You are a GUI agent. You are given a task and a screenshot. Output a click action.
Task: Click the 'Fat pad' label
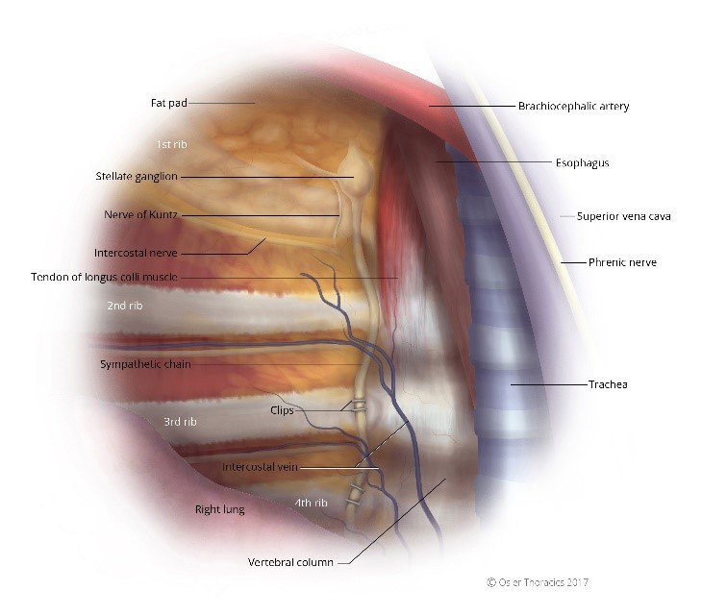click(168, 102)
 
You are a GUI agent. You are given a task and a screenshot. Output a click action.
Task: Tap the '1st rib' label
click(171, 143)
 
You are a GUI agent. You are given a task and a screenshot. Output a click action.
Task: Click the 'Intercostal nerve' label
click(136, 253)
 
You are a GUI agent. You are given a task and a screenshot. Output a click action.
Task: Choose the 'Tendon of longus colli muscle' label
click(104, 277)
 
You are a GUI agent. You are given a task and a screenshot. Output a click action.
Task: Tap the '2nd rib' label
click(125, 307)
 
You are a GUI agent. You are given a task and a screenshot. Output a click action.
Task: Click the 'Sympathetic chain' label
click(145, 364)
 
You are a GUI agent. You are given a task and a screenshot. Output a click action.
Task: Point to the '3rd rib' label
click(180, 422)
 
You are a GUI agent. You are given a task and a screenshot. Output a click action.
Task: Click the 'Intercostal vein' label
click(262, 467)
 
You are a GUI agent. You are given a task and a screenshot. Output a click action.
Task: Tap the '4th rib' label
click(311, 503)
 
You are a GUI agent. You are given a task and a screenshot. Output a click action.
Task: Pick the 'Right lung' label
click(219, 509)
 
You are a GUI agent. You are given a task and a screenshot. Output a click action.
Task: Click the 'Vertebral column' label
click(290, 562)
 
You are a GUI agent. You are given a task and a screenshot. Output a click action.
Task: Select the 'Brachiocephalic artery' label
click(573, 106)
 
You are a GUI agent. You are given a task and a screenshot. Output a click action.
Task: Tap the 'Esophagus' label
click(582, 163)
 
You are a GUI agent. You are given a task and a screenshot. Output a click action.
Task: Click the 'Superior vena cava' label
click(623, 216)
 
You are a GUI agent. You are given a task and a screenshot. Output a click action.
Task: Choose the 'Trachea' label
click(607, 384)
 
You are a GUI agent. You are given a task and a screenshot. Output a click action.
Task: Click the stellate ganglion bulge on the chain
click(352, 171)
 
